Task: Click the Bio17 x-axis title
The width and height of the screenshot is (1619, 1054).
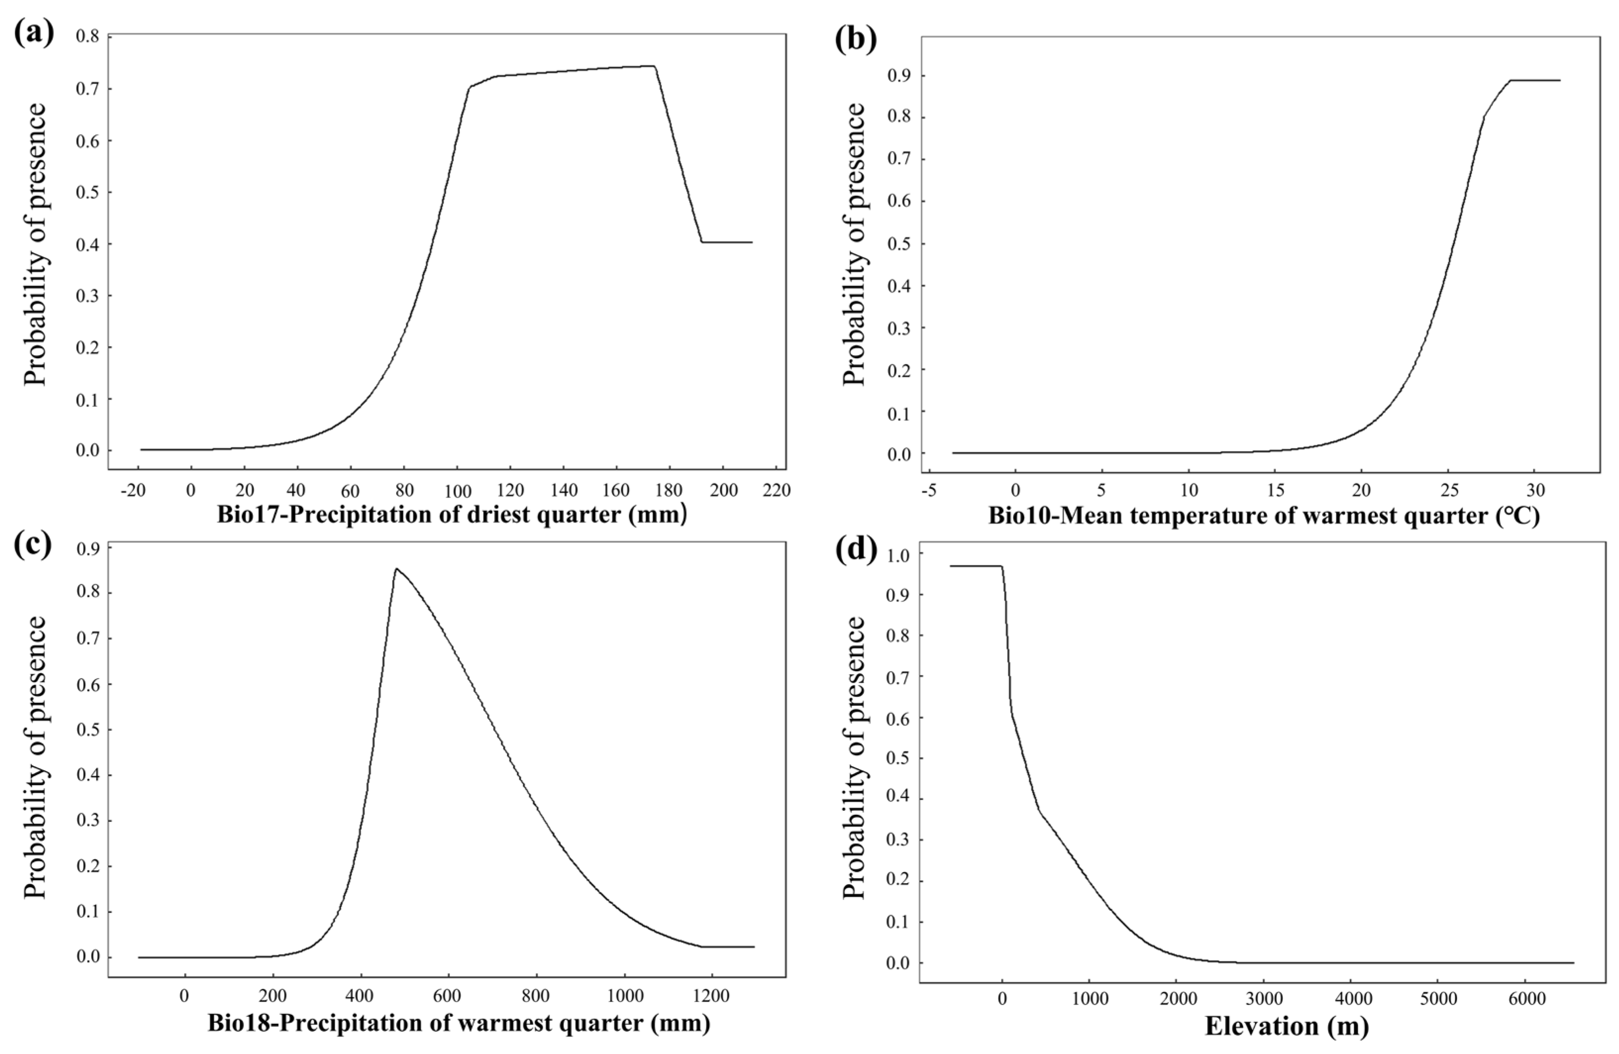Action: point(452,515)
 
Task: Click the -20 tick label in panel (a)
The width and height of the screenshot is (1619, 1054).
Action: point(135,491)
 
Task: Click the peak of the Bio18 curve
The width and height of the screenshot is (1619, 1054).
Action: point(396,569)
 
